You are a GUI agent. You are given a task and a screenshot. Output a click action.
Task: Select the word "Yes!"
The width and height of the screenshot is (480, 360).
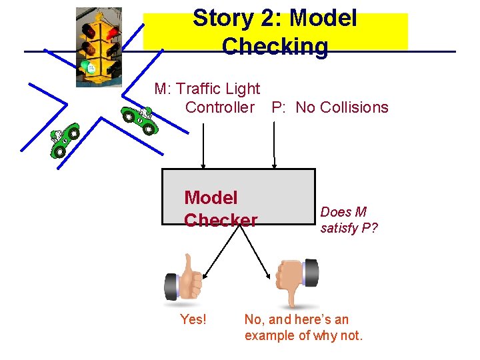coord(193,320)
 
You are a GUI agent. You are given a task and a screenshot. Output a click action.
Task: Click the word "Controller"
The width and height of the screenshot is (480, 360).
coord(220,107)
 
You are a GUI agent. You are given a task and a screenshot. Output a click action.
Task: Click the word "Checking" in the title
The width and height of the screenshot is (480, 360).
coord(275,47)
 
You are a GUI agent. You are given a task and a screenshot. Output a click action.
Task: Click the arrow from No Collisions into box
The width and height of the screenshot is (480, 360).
coord(273,143)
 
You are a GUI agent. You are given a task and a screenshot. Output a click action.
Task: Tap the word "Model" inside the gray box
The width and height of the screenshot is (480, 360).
coord(211,198)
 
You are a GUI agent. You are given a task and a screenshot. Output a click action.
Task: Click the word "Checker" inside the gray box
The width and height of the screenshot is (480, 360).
coord(221,220)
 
